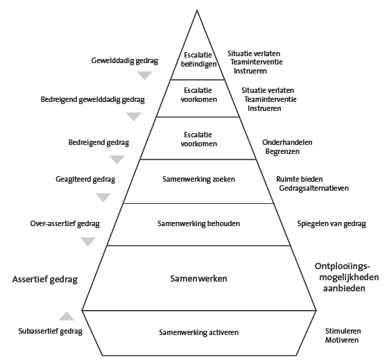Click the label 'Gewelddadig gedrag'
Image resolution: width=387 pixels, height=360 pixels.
coord(125,61)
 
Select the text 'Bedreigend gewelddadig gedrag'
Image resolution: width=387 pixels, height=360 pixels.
coord(93,100)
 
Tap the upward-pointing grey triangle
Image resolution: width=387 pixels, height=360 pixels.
coord(67,316)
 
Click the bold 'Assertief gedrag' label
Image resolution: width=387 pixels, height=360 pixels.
coord(44,280)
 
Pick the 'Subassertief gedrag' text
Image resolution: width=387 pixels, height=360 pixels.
coord(51,332)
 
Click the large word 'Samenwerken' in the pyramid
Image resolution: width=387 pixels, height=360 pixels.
coord(198,278)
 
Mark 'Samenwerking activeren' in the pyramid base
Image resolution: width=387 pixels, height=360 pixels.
coord(198,332)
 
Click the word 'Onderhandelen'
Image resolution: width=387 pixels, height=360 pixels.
coord(287,142)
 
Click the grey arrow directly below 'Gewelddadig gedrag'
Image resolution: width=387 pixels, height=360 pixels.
coord(146,76)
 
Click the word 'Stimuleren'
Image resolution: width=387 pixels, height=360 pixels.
coord(343,332)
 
